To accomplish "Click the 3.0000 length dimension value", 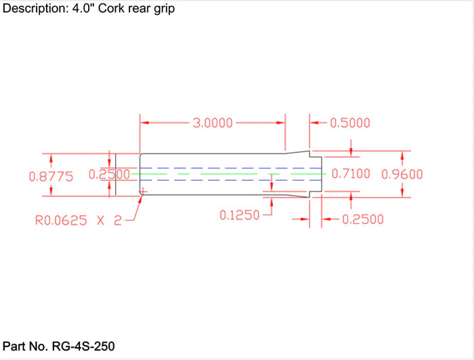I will click(213, 123).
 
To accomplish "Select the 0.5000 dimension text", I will click(349, 123).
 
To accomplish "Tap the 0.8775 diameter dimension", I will click(51, 176).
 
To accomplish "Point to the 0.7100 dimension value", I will click(350, 174).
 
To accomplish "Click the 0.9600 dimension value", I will click(402, 174).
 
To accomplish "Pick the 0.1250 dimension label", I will click(240, 215).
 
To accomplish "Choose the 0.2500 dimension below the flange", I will click(363, 219).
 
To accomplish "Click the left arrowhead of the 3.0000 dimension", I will click(144, 123).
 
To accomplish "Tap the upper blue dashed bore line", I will click(223, 167).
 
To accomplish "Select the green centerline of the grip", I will click(223, 174).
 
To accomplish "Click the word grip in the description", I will click(164, 10).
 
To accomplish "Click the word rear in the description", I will click(140, 10).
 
